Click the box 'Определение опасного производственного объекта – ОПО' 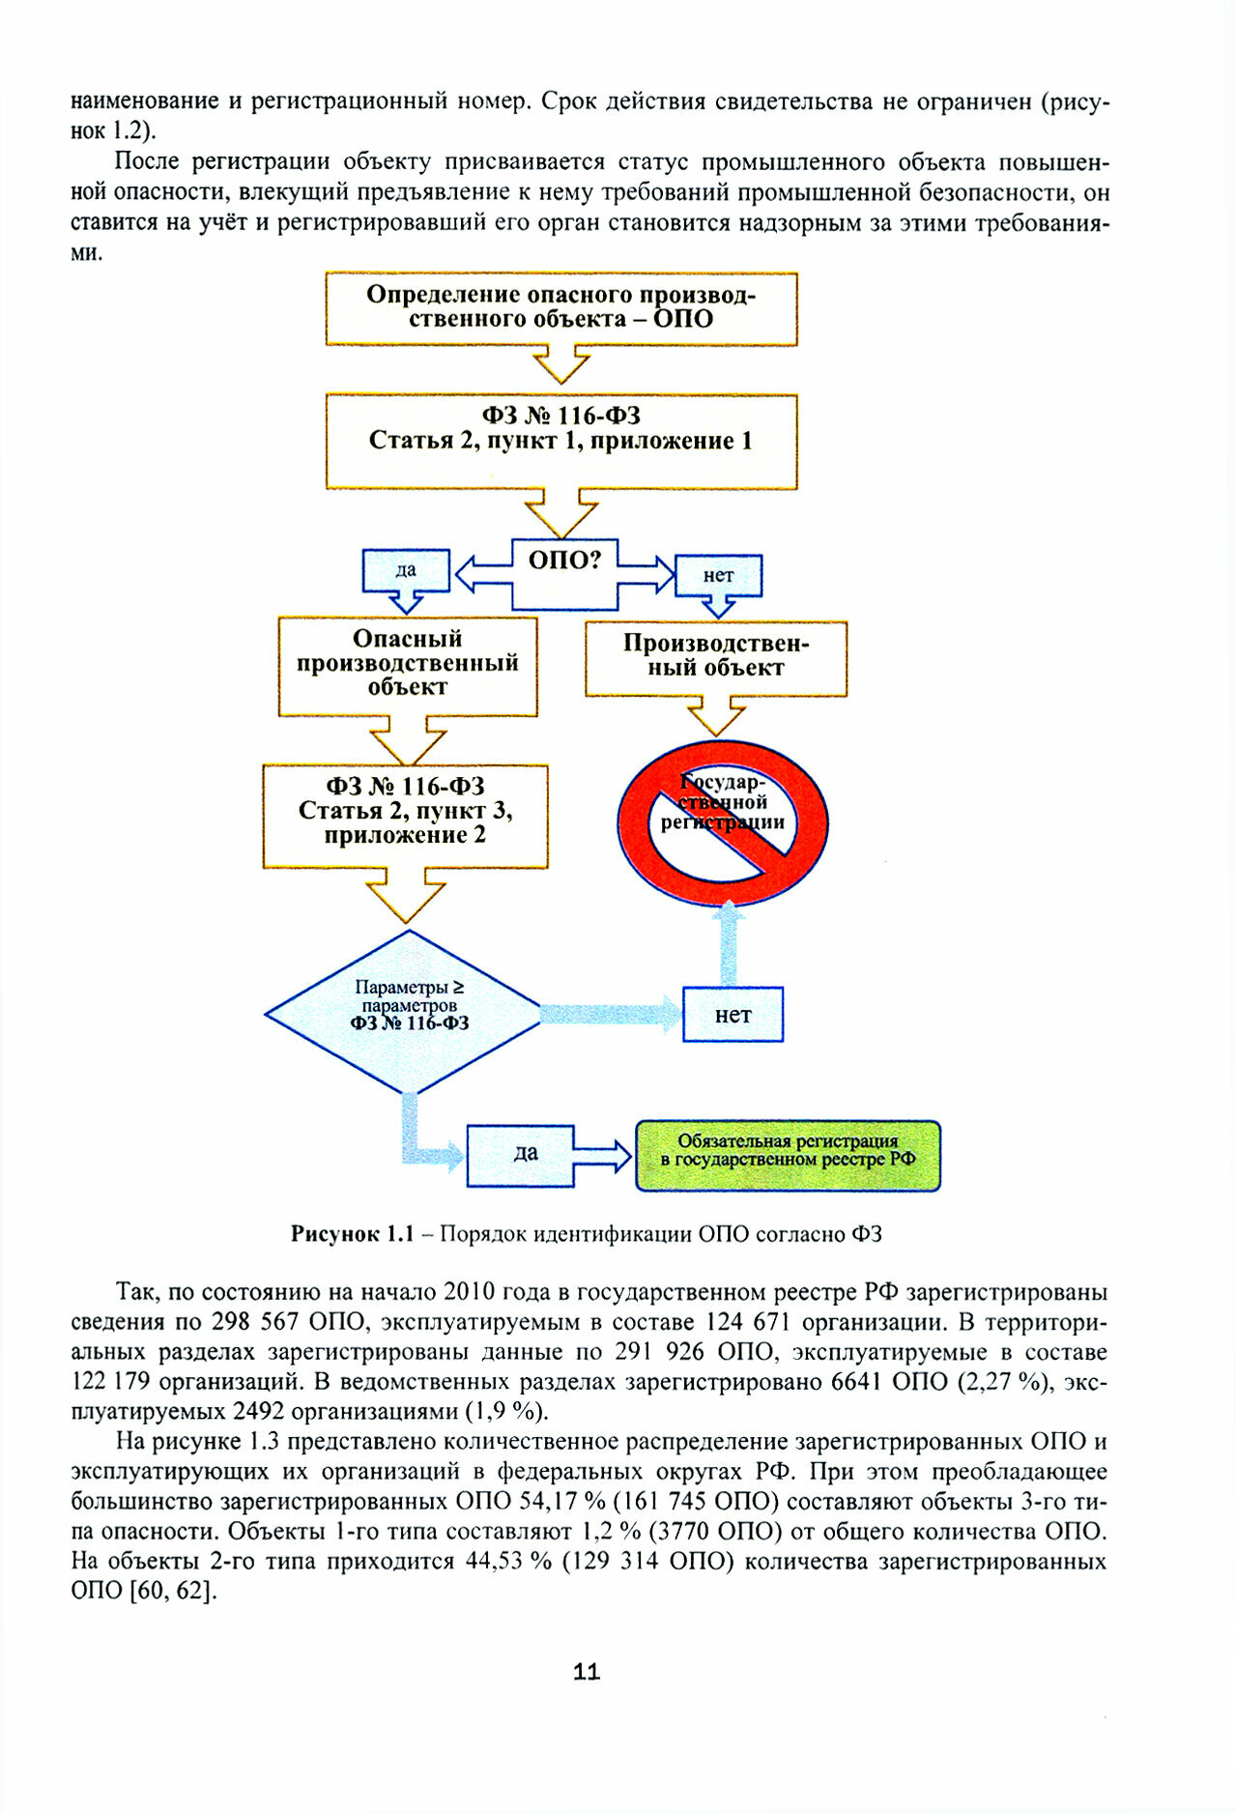[x=561, y=308]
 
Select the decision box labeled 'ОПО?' [x=564, y=574]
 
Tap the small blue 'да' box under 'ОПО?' [x=406, y=570]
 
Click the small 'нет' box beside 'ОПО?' [x=718, y=575]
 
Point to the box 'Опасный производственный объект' [x=407, y=665]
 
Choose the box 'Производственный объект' [x=715, y=657]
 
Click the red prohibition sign [x=723, y=822]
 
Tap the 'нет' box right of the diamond [x=733, y=1015]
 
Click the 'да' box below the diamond [x=521, y=1155]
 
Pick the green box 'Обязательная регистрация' [x=787, y=1155]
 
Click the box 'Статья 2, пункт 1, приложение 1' [x=561, y=440]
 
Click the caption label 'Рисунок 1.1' [x=352, y=1234]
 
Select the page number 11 [x=587, y=1672]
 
